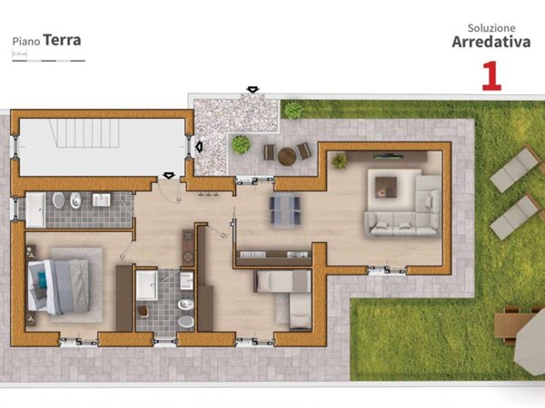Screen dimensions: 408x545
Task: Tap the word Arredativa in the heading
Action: [491, 41]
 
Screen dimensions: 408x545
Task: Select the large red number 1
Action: [491, 75]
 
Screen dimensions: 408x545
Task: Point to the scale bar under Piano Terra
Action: [48, 61]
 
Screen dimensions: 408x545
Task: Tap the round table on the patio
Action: [287, 156]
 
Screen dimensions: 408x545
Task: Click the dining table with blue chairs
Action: [285, 209]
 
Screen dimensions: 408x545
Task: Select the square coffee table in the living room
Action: [386, 187]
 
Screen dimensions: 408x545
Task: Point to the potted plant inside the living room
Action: [339, 160]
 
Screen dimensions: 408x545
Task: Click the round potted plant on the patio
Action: [241, 144]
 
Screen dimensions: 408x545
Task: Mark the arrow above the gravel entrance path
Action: [252, 90]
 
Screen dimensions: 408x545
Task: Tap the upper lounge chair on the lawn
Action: [515, 170]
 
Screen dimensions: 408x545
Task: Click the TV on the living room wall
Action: [393, 156]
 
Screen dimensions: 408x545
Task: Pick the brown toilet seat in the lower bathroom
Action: [143, 311]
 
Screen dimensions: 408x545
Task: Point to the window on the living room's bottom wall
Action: [387, 269]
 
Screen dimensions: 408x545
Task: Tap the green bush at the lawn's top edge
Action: [293, 111]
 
